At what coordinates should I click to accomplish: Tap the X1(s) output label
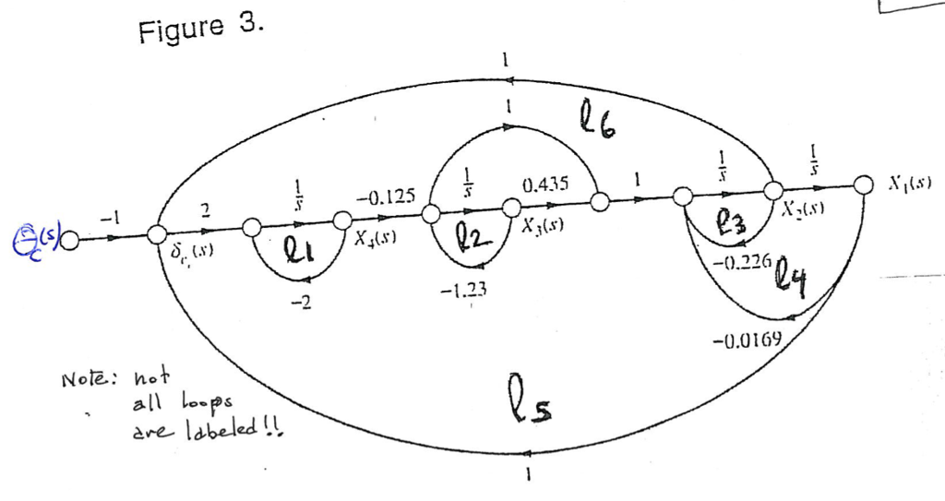909,183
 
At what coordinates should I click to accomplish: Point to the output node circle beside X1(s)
864,184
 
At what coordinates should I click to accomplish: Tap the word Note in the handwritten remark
88,378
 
